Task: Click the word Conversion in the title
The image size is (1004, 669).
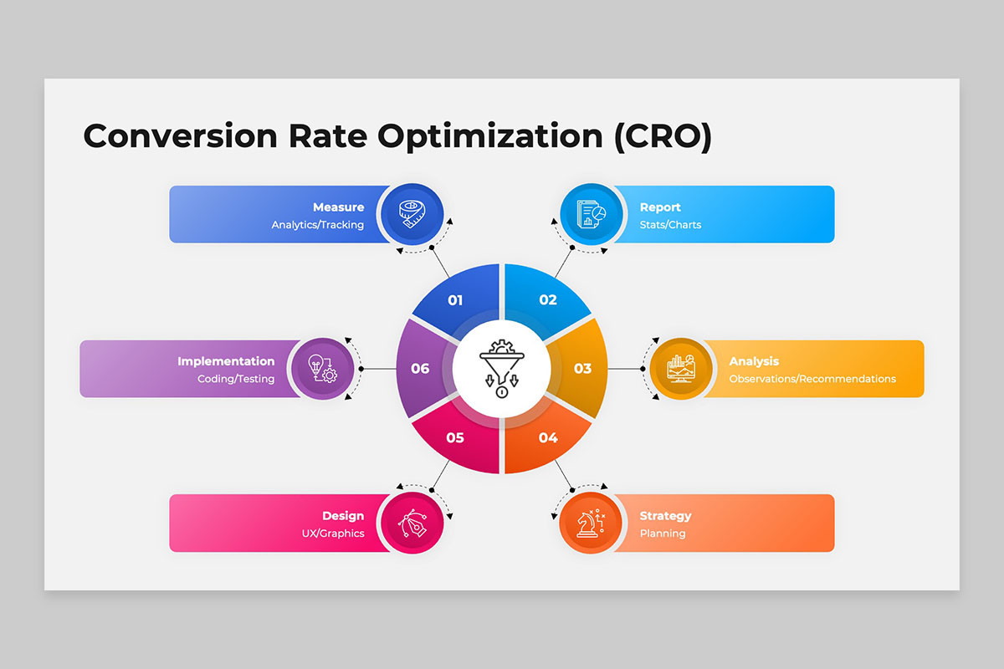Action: pyautogui.click(x=180, y=136)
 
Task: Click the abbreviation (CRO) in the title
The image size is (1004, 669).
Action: pyautogui.click(x=663, y=136)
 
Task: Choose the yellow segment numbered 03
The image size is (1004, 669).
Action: pyautogui.click(x=581, y=368)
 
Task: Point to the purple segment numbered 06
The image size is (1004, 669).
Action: pyautogui.click(x=423, y=368)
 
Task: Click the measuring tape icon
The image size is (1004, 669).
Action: pyautogui.click(x=412, y=214)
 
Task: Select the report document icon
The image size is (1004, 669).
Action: pyautogui.click(x=592, y=214)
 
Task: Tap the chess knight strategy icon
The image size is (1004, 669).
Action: pyautogui.click(x=592, y=523)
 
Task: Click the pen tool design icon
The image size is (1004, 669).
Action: pyautogui.click(x=412, y=523)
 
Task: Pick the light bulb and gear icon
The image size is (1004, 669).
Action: pyautogui.click(x=322, y=368)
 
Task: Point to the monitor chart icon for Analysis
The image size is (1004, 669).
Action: pyautogui.click(x=681, y=368)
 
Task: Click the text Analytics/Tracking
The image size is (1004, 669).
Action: pyautogui.click(x=317, y=224)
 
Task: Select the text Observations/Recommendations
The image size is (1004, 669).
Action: pyautogui.click(x=812, y=379)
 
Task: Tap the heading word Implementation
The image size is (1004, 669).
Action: pyautogui.click(x=226, y=361)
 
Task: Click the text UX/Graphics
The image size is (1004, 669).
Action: pyautogui.click(x=333, y=534)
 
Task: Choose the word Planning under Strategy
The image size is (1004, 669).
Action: pyautogui.click(x=663, y=534)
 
